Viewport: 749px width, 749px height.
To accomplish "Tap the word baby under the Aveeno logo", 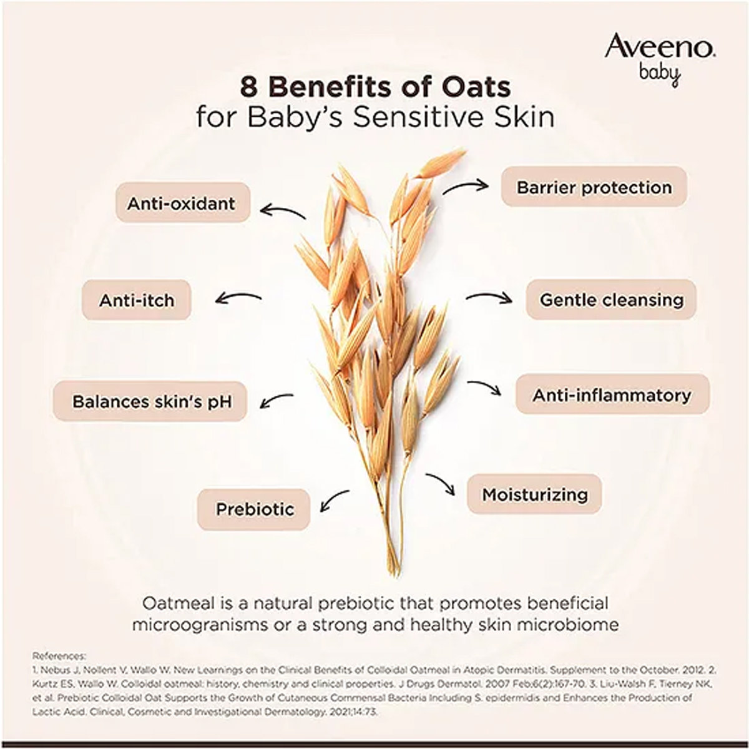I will pyautogui.click(x=659, y=74).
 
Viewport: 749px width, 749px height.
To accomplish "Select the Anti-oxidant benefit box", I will pyautogui.click(x=182, y=203).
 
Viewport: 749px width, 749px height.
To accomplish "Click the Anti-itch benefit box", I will pyautogui.click(x=137, y=300).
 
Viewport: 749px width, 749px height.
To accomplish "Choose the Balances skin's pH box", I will pyautogui.click(x=152, y=401).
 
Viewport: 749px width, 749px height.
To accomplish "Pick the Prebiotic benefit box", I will pyautogui.click(x=254, y=509).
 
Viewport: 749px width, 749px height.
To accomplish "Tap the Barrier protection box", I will pyautogui.click(x=594, y=187).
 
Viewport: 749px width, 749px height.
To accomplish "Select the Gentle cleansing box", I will pyautogui.click(x=611, y=300).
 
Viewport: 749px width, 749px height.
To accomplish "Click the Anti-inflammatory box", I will pyautogui.click(x=612, y=394).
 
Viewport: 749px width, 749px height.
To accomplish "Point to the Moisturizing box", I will pyautogui.click(x=535, y=494).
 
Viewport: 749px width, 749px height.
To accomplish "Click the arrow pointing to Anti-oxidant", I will pyautogui.click(x=282, y=212).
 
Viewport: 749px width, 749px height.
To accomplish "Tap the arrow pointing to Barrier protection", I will pyautogui.click(x=465, y=185).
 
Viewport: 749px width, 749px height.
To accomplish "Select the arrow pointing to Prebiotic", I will pyautogui.click(x=334, y=501).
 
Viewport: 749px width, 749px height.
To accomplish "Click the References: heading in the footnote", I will pyautogui.click(x=59, y=656).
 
